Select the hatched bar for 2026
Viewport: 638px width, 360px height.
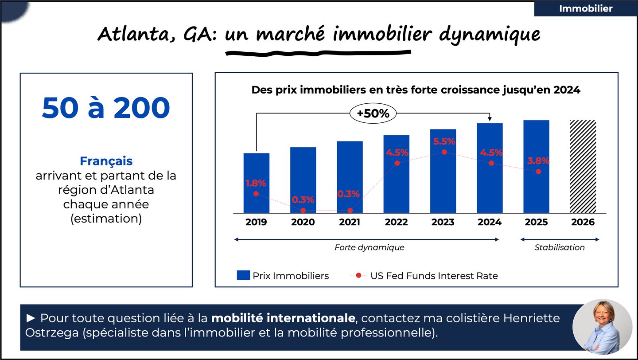coord(583,167)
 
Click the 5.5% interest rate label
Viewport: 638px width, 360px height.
coord(443,141)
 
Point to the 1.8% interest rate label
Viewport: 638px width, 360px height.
coord(256,183)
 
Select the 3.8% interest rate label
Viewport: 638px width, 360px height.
coord(538,161)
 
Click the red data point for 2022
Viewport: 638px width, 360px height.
coord(397,163)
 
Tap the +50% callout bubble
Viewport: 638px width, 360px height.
coord(373,113)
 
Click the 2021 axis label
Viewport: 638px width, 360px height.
coord(350,222)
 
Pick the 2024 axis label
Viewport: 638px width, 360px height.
coord(490,222)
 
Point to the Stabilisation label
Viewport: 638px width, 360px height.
coord(560,247)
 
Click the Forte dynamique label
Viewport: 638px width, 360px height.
coord(369,247)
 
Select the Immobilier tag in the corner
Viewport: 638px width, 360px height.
coord(585,8)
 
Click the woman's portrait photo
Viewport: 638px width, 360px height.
coord(602,327)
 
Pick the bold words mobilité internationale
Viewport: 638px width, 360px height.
coord(283,318)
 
